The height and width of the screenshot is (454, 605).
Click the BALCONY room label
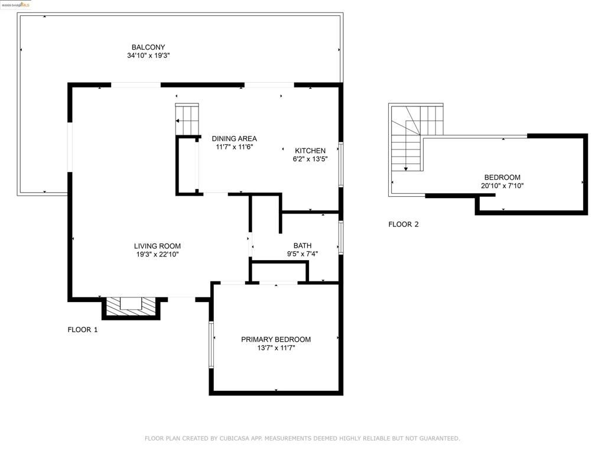[148, 47]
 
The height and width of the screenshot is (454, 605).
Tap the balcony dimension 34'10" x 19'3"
[148, 56]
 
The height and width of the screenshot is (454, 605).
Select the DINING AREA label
[234, 138]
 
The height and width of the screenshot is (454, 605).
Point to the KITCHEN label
[310, 151]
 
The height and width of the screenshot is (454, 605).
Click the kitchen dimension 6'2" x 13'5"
[310, 159]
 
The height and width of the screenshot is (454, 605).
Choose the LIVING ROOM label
[157, 246]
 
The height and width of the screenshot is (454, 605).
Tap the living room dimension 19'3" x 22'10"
[157, 254]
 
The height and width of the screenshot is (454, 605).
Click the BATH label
[302, 245]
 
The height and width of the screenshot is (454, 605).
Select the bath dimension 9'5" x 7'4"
[302, 254]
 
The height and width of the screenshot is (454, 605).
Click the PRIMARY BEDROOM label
[276, 339]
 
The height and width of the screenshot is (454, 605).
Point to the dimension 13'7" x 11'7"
[276, 348]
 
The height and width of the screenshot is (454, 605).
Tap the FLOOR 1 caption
[83, 330]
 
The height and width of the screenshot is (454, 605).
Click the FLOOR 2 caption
[404, 224]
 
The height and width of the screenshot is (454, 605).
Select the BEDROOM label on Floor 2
[502, 177]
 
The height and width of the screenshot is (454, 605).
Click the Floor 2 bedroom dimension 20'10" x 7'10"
[502, 186]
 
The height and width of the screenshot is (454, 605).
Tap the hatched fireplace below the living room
[131, 307]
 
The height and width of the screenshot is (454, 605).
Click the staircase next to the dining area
[187, 119]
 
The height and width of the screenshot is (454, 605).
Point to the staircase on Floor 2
[415, 137]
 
